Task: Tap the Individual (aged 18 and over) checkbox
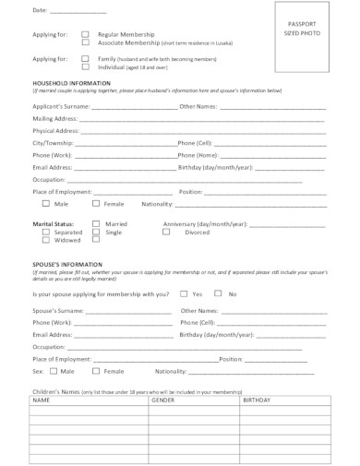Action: (86, 67)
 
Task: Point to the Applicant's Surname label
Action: (61, 107)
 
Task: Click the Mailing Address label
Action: (55, 119)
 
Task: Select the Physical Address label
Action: (56, 131)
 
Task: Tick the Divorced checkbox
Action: (166, 233)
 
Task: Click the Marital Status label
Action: (53, 224)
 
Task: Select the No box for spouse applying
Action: (218, 293)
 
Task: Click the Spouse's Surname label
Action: (57, 311)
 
